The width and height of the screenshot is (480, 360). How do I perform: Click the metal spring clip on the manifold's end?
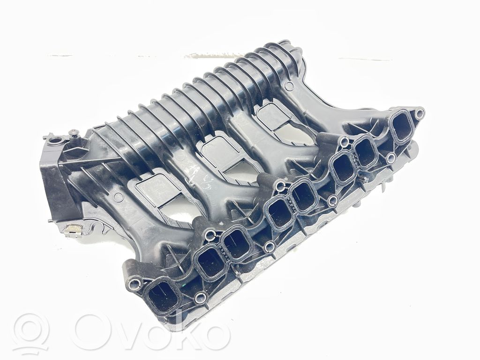pyautogui.click(x=73, y=230)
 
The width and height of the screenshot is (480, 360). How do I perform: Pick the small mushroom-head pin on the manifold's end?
pyautogui.click(x=74, y=134)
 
